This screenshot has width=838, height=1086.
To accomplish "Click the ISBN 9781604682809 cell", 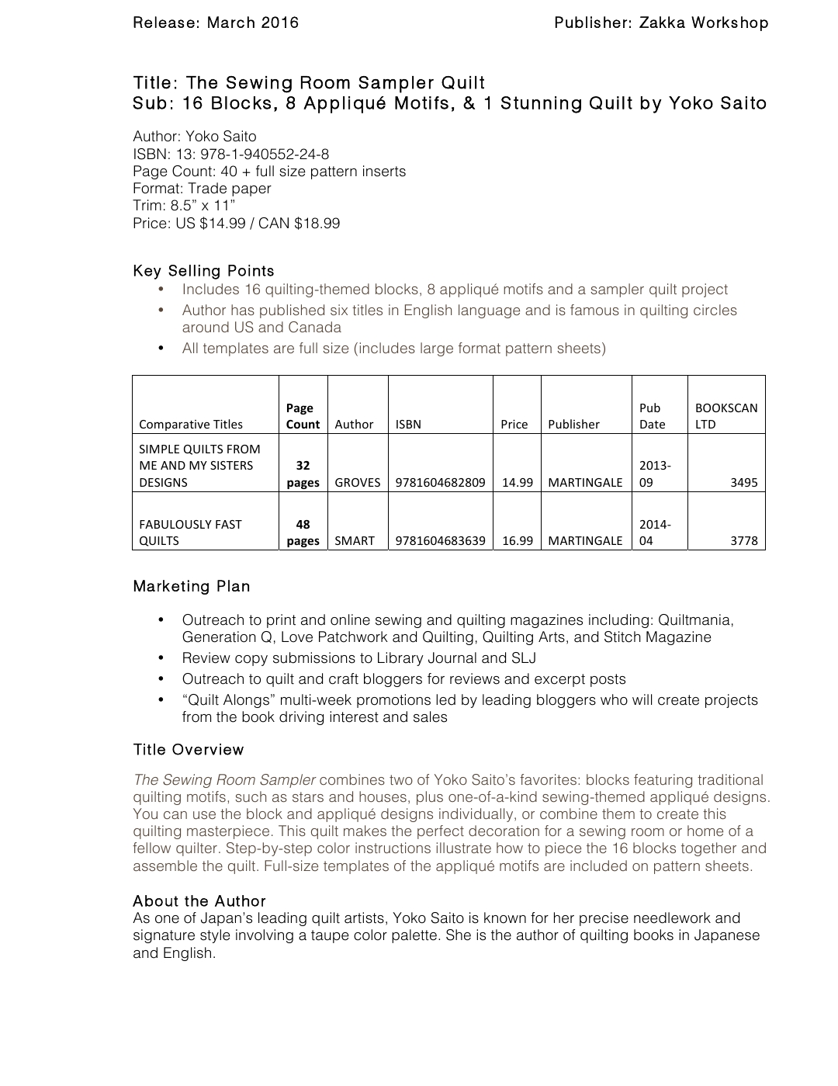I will [440, 482].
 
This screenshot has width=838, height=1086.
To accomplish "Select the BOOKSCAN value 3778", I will [743, 540].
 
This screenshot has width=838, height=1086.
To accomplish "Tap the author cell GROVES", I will [357, 482].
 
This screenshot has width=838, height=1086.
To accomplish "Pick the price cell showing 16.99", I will [517, 540].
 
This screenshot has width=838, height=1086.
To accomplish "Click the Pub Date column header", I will [652, 416].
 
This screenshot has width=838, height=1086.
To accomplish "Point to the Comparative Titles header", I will [191, 424].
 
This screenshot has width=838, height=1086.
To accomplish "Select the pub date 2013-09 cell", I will [654, 474].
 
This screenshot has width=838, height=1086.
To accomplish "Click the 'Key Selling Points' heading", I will [203, 271].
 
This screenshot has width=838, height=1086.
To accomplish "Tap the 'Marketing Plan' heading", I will [191, 586].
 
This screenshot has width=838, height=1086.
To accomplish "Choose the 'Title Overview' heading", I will [188, 750].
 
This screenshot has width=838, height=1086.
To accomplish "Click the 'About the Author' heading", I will [199, 901].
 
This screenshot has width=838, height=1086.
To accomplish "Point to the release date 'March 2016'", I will [252, 23].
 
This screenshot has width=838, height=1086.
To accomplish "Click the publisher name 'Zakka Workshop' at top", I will [703, 23].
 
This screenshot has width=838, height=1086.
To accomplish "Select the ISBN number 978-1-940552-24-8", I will [265, 154].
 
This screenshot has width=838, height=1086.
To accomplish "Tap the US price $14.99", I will [223, 224].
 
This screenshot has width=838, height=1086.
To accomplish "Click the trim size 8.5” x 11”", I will [203, 206].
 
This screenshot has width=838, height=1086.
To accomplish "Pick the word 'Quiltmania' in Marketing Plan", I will [694, 620].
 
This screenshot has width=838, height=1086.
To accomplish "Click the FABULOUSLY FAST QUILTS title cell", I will [190, 533].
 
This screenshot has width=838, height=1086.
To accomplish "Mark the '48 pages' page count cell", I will [303, 533].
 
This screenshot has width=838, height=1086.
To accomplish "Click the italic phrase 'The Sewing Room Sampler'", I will [224, 780].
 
